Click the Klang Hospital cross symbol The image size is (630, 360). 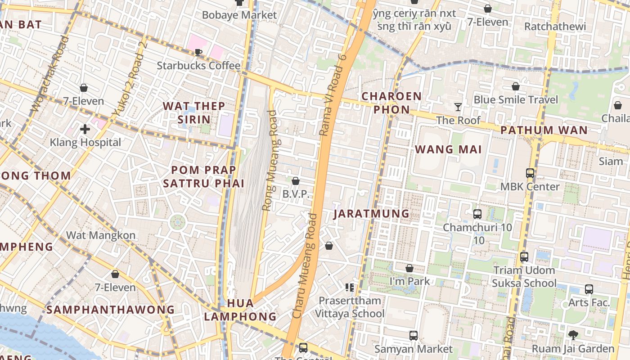coord(85,130)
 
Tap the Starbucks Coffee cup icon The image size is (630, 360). coord(198,53)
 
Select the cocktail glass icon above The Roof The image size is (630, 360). coord(458,107)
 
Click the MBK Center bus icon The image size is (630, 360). coord(530,173)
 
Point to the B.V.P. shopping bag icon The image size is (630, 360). coord(296,181)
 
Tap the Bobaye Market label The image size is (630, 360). coord(239,15)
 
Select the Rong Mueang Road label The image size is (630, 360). coord(270,161)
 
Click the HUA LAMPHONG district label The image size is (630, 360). coord(240,310)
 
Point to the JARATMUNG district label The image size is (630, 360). coord(372,213)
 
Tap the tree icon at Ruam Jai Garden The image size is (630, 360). coord(573,335)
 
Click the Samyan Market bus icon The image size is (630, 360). coord(414,335)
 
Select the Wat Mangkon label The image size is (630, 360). coord(101,235)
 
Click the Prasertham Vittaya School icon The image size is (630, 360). coord(349,287)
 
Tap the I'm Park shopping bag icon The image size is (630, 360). coord(409,268)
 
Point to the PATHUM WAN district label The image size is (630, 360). coord(544,130)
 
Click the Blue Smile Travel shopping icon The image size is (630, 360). coord(516,86)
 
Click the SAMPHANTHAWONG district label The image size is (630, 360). coord(111,310)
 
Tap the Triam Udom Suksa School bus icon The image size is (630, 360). coord(524,257)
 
